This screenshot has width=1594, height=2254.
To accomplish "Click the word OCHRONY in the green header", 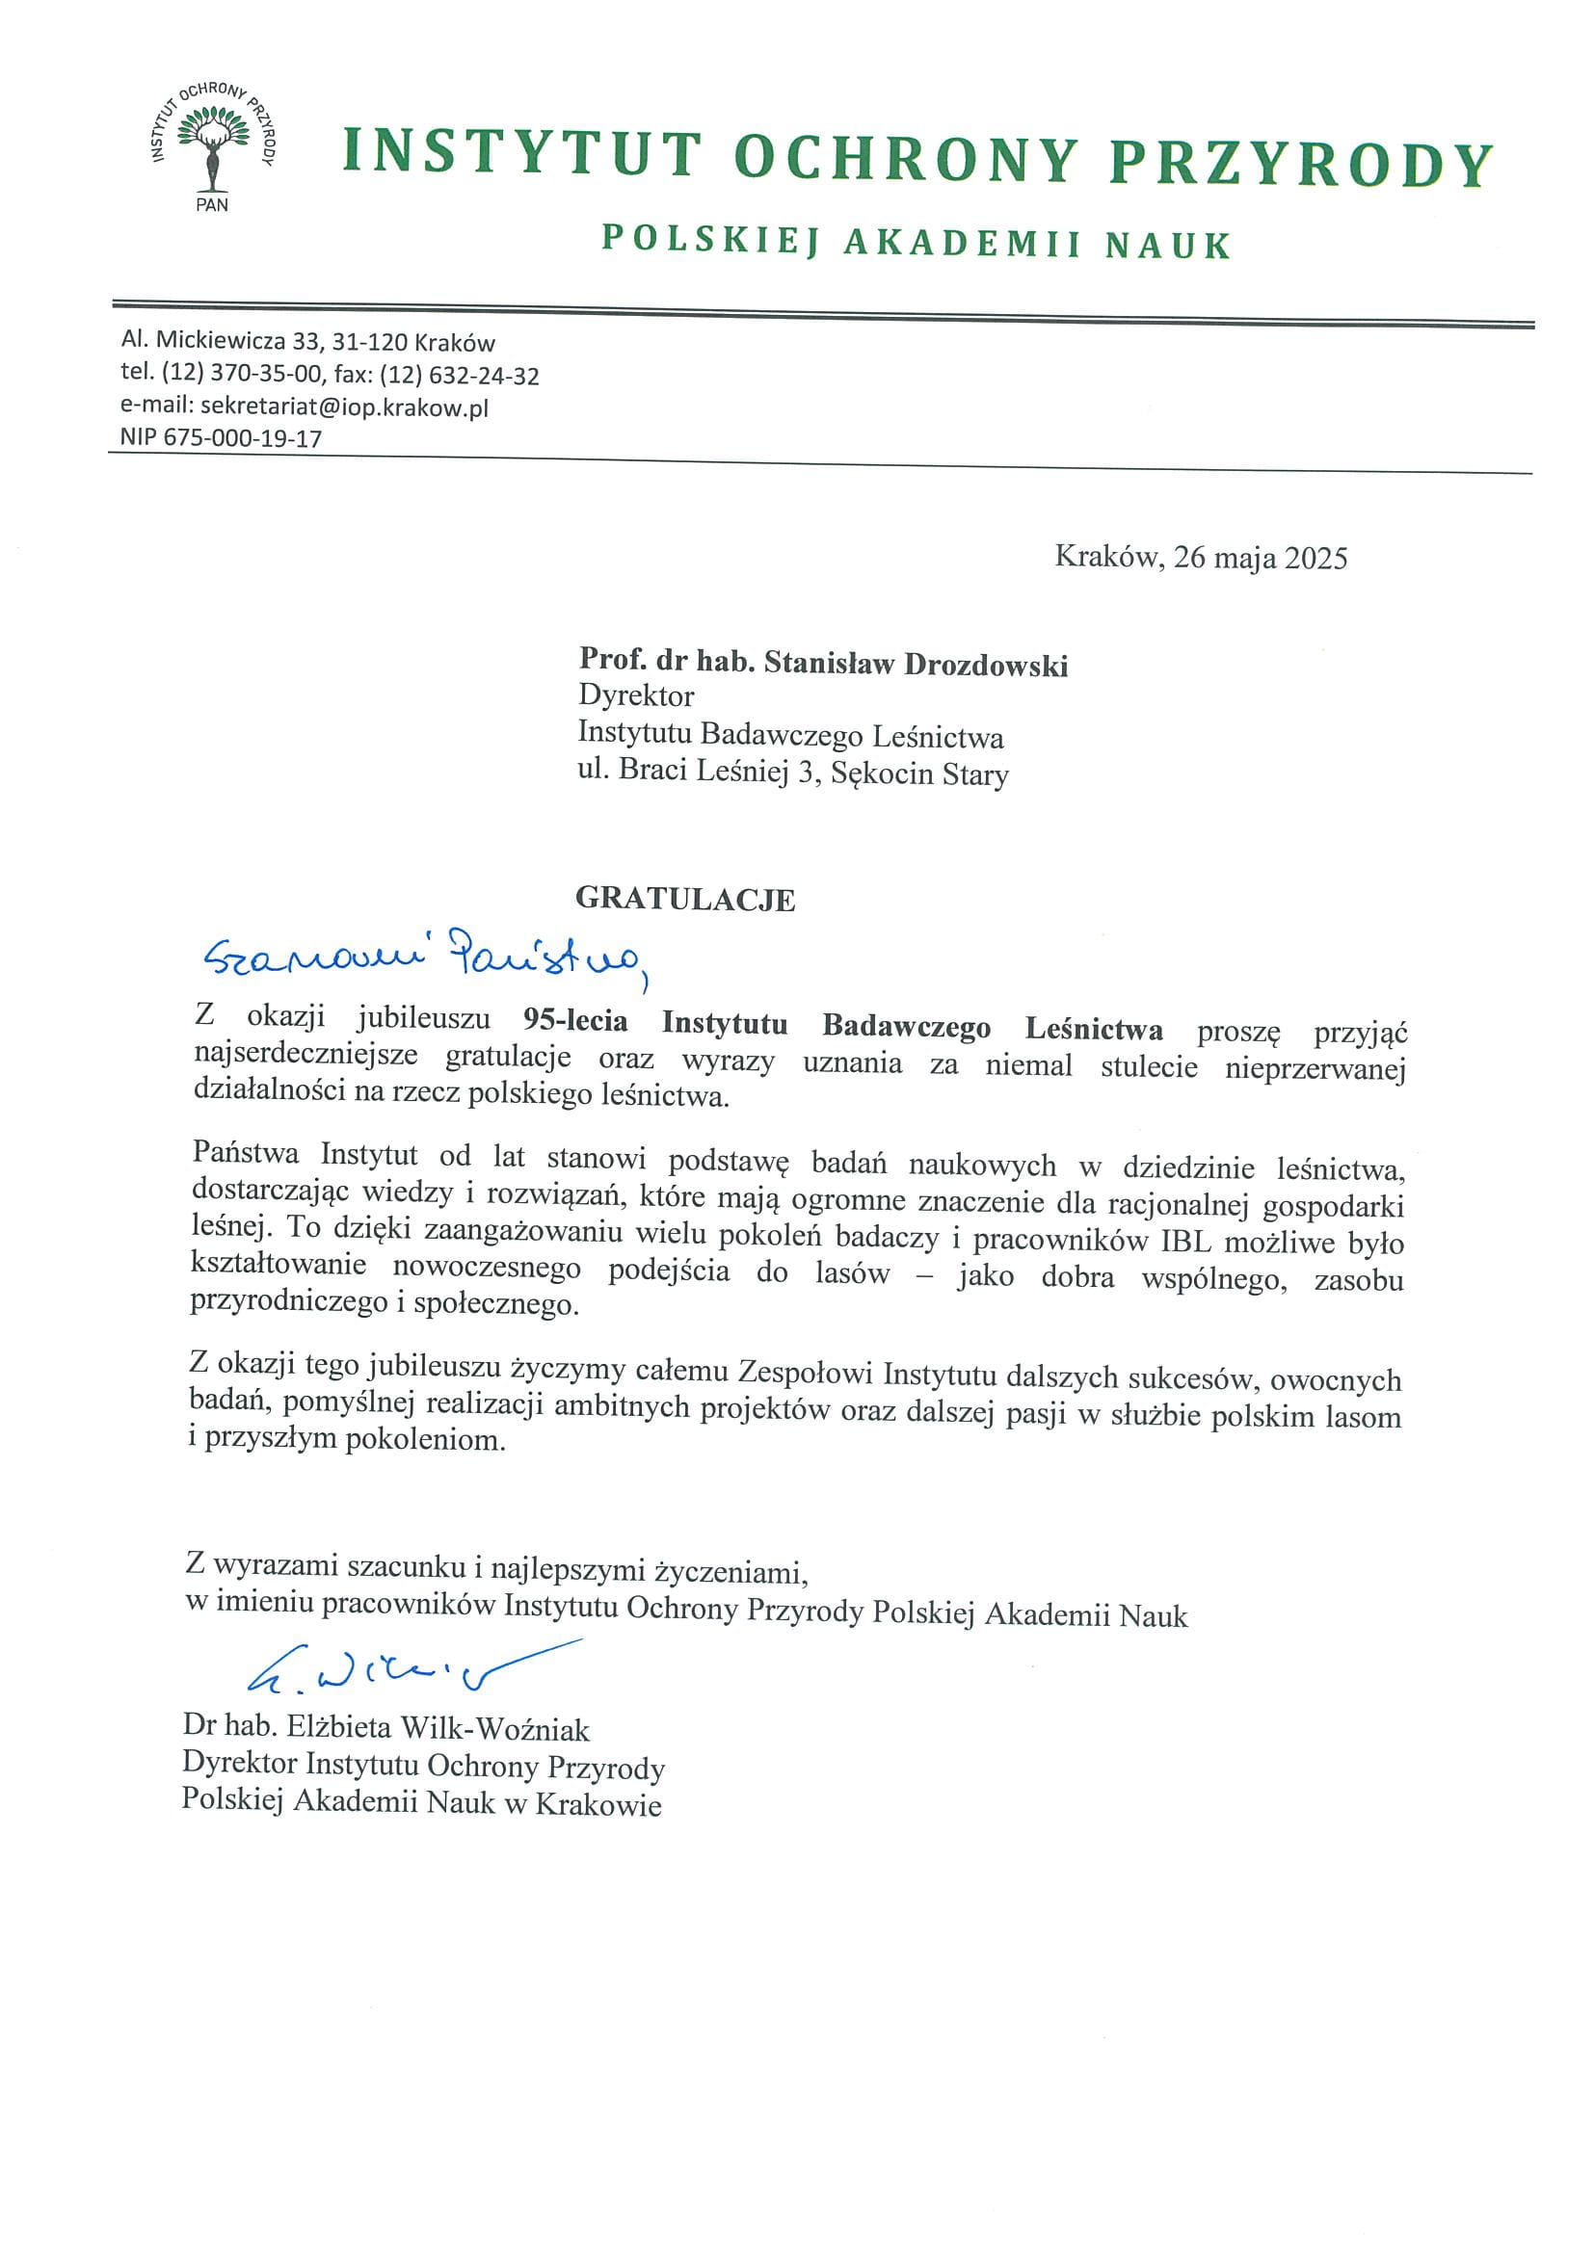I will (x=906, y=159).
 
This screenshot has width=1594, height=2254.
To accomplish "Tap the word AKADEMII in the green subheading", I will (x=962, y=243).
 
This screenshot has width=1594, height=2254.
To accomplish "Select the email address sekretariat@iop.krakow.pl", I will (x=344, y=406).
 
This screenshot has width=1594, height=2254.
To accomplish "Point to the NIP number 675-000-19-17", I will (x=242, y=438).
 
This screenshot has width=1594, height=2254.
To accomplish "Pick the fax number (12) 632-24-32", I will (x=460, y=375).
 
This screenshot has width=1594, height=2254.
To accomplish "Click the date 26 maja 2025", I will (x=1261, y=558).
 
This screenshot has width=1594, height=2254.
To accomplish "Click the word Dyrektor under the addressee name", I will (x=635, y=696).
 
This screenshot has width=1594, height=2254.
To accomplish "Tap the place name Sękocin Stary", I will (x=919, y=773).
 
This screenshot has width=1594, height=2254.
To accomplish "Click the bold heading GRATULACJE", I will (x=684, y=899).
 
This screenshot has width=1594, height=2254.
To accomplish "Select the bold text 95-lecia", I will (x=574, y=1021).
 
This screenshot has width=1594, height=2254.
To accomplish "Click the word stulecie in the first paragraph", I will (x=1148, y=1066).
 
